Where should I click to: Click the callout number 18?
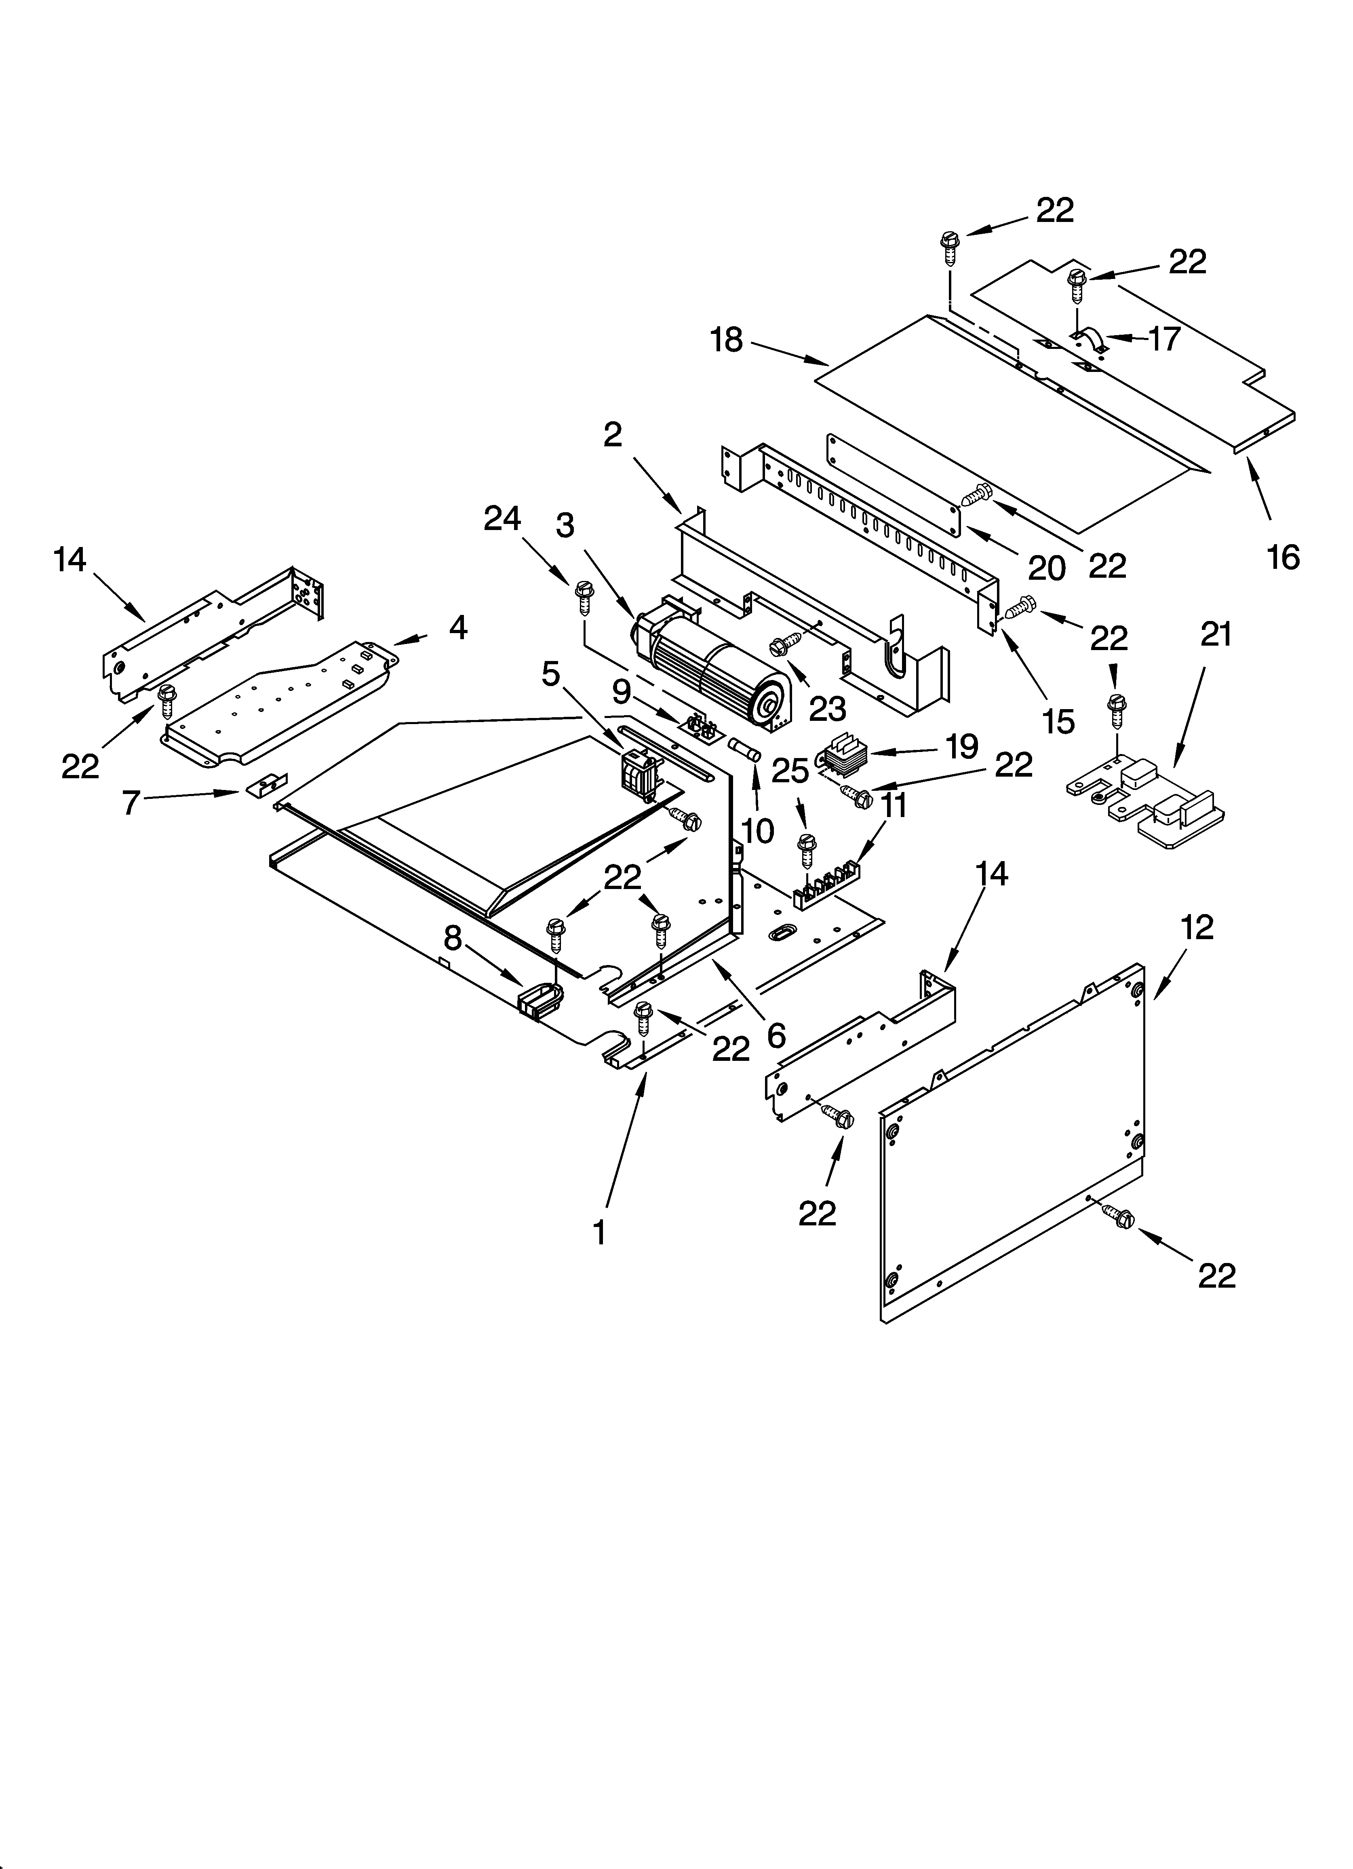(x=727, y=340)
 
